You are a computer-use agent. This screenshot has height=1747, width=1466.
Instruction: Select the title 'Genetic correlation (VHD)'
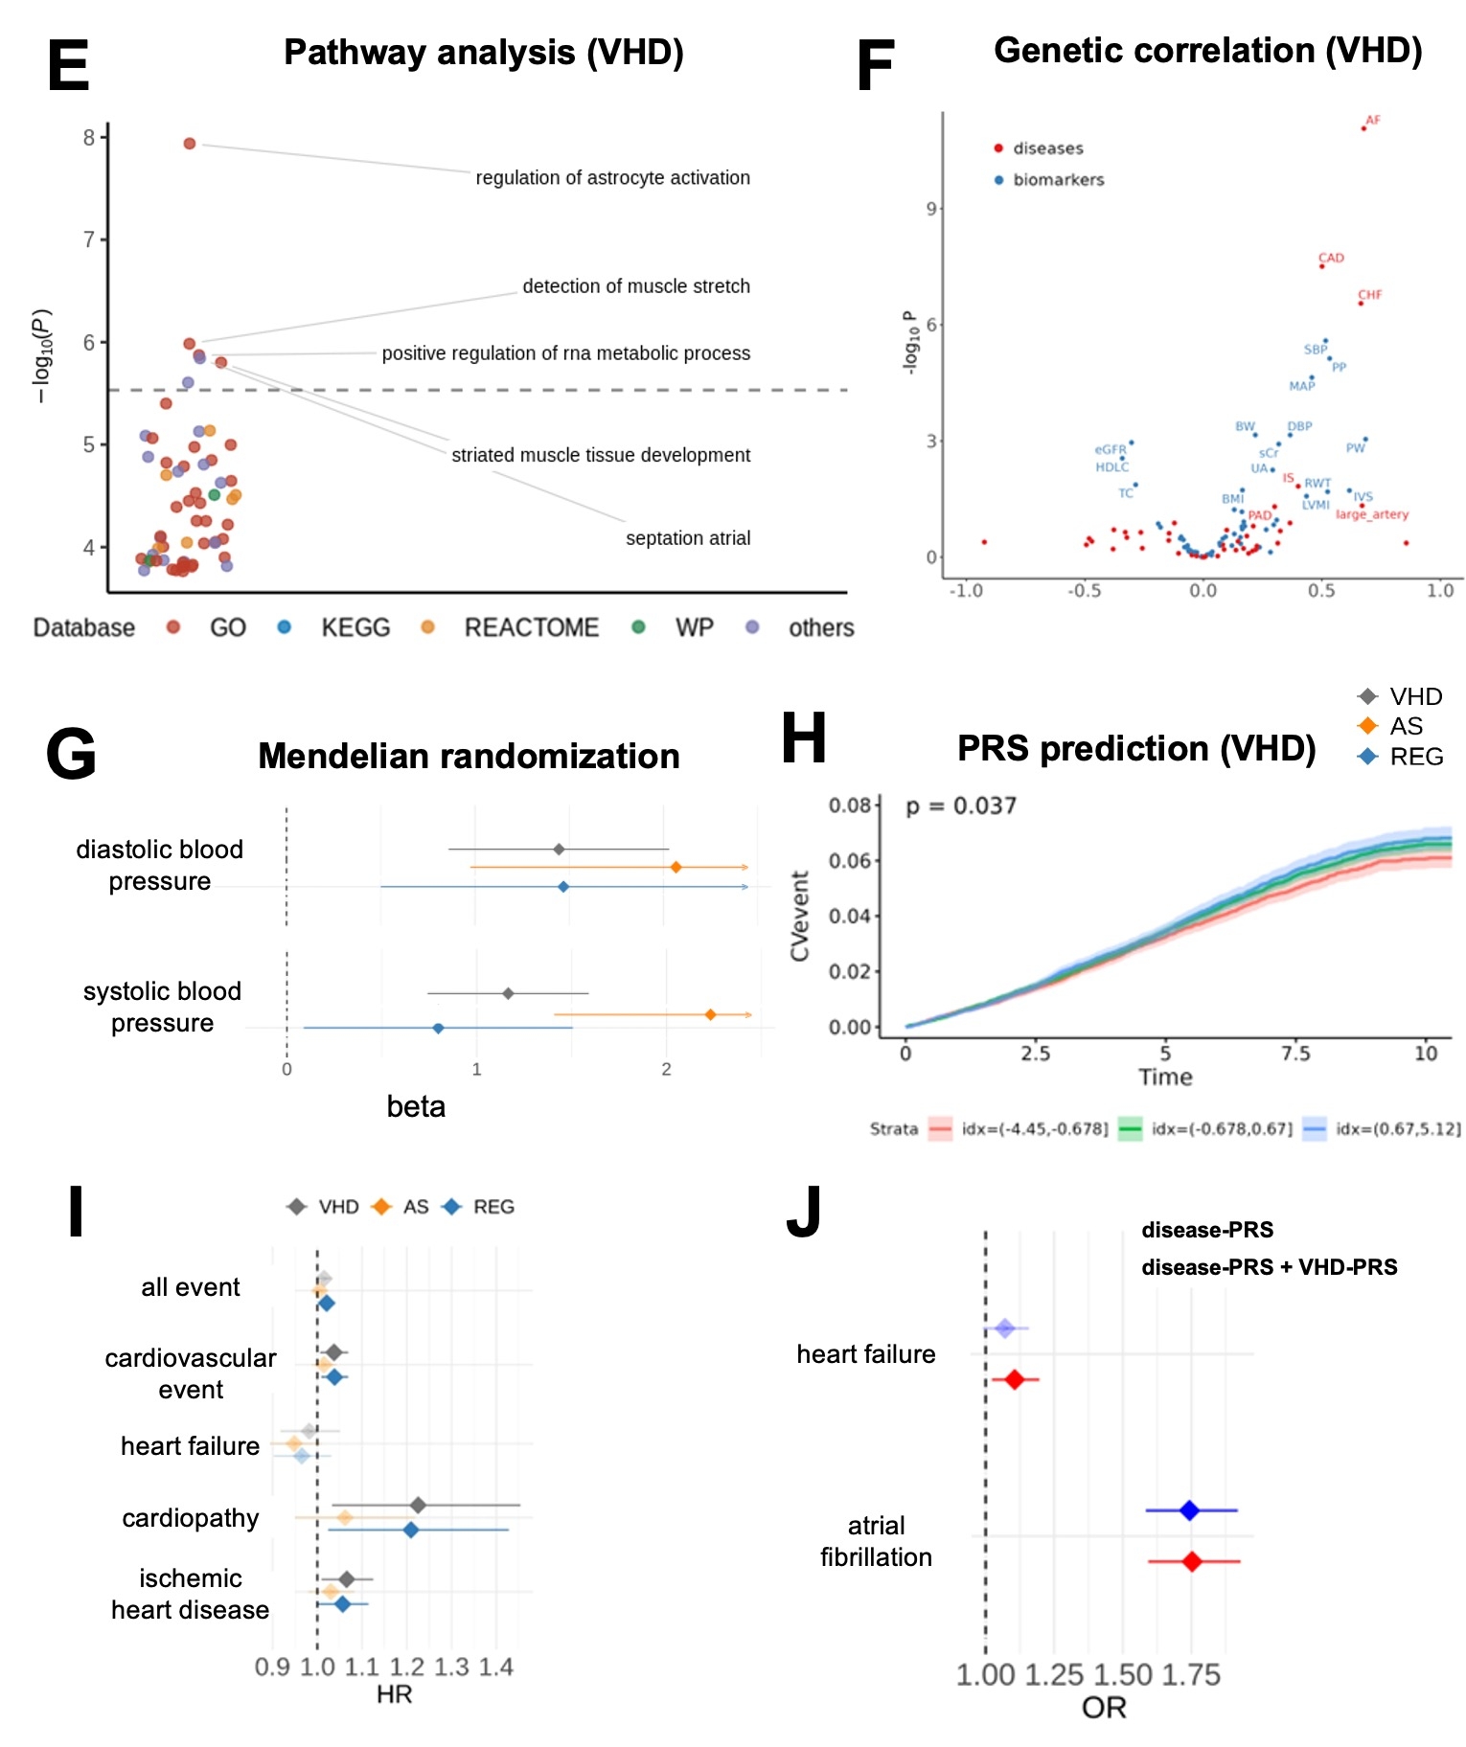click(x=1207, y=51)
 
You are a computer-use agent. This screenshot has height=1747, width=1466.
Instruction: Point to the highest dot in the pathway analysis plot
click(x=190, y=144)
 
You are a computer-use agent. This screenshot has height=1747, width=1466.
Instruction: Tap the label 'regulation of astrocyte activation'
click(x=612, y=178)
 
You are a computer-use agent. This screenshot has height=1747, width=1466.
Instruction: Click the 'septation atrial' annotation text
click(x=687, y=538)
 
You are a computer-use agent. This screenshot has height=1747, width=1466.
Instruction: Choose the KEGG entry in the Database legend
click(x=355, y=628)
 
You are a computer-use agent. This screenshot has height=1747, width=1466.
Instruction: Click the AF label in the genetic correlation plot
click(x=1373, y=121)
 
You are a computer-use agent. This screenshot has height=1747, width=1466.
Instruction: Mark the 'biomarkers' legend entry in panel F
click(x=1058, y=180)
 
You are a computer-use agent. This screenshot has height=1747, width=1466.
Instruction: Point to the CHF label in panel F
click(x=1370, y=295)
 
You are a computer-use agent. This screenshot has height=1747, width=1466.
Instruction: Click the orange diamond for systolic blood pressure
click(x=710, y=1014)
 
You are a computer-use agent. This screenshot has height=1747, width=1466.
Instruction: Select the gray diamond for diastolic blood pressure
click(x=559, y=850)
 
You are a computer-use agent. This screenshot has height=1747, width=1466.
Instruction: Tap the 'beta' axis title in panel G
click(x=416, y=1106)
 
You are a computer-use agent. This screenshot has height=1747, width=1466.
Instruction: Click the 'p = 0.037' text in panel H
click(x=961, y=806)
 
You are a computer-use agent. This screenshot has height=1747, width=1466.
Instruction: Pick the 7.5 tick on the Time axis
click(x=1295, y=1054)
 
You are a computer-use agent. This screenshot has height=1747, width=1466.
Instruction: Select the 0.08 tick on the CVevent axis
click(x=849, y=805)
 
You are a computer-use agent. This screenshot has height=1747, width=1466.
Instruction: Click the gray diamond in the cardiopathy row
click(x=418, y=1505)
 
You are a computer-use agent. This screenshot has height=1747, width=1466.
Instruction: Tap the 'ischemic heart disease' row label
click(x=190, y=1594)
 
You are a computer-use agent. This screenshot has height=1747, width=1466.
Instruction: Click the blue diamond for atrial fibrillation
click(x=1189, y=1510)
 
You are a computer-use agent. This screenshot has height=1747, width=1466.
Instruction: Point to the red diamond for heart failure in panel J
click(x=1015, y=1380)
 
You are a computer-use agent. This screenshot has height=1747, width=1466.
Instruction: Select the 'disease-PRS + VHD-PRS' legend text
click(x=1269, y=1267)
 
